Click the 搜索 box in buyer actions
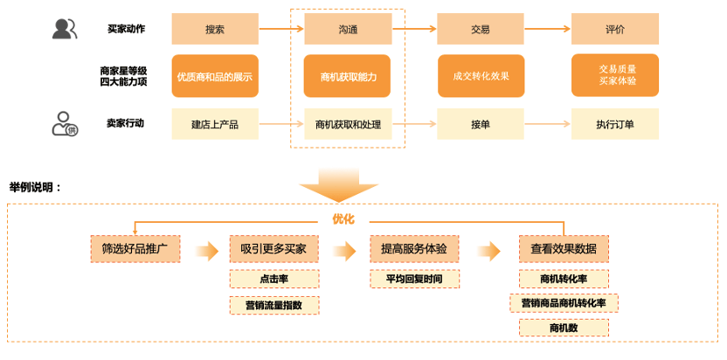pyautogui.click(x=215, y=29)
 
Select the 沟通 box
pyautogui.click(x=348, y=29)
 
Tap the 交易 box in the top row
pyautogui.click(x=481, y=29)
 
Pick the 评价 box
pyautogui.click(x=614, y=29)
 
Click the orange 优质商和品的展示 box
pyautogui.click(x=215, y=76)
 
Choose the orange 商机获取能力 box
pyautogui.click(x=348, y=76)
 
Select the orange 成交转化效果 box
pyautogui.click(x=481, y=76)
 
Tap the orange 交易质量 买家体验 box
pyautogui.click(x=616, y=75)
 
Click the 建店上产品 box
pyautogui.click(x=215, y=124)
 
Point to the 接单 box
pyautogui.click(x=481, y=124)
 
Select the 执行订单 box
pyautogui.click(x=614, y=124)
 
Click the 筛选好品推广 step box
pyautogui.click(x=135, y=248)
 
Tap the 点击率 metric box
pyautogui.click(x=273, y=279)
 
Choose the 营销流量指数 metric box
pyautogui.click(x=273, y=305)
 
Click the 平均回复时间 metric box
pyautogui.click(x=414, y=279)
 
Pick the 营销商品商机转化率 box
pyautogui.click(x=564, y=303)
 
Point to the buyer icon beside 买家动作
pyautogui.click(x=64, y=29)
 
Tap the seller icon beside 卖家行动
pyautogui.click(x=65, y=124)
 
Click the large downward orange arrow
pyautogui.click(x=335, y=183)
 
